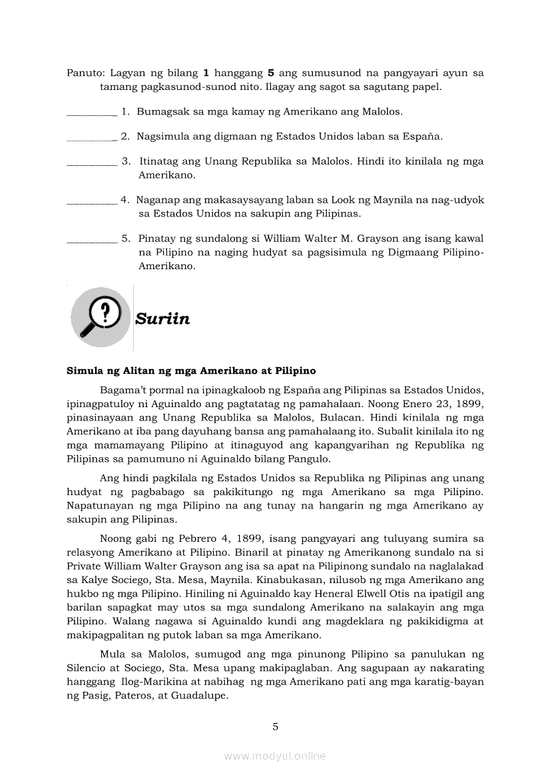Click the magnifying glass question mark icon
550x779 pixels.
coord(101,317)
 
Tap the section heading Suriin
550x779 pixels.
coord(162,319)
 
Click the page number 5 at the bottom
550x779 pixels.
coord(275,726)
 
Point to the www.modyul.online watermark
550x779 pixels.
coord(275,756)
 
